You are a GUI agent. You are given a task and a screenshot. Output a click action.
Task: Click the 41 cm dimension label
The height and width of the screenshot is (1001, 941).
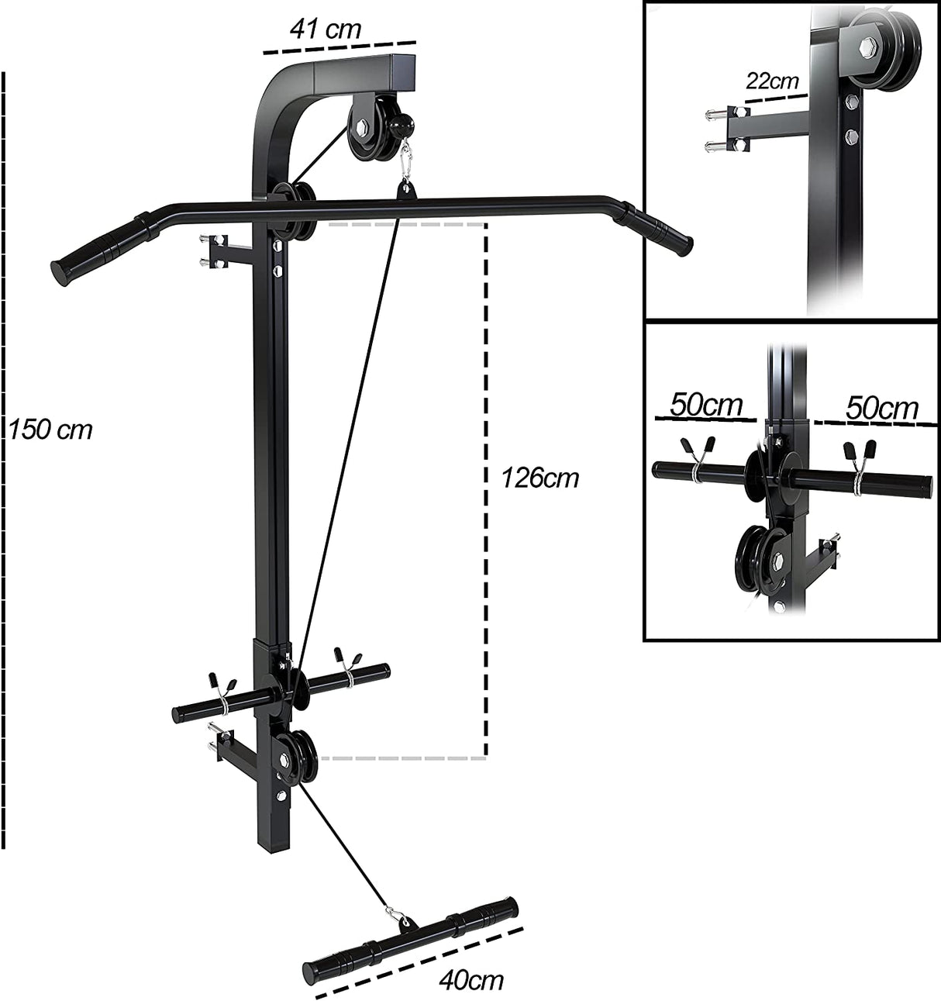pos(325,29)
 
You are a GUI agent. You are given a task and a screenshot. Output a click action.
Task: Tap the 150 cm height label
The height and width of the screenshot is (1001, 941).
pos(50,429)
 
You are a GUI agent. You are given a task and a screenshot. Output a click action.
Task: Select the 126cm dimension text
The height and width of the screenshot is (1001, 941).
pos(539,478)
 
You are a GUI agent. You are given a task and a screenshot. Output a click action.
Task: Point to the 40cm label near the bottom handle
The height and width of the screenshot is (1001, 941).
pos(470,980)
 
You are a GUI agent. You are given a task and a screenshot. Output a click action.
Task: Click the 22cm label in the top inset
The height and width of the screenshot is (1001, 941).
pos(772,80)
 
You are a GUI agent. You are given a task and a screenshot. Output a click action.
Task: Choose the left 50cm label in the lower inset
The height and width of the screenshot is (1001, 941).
pos(705,404)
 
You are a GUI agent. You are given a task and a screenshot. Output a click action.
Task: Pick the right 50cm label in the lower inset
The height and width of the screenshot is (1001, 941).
pos(881,408)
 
